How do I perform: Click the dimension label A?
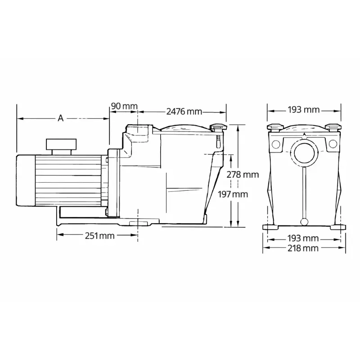tap(61, 118)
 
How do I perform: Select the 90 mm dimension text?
tap(124, 106)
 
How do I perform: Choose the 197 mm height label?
tap(233, 194)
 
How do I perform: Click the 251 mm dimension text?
tap(99, 236)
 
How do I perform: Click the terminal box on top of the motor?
tap(61, 146)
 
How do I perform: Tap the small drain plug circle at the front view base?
tap(304, 222)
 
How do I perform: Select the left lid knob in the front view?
tap(275, 127)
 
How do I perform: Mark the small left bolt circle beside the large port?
tap(275, 144)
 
